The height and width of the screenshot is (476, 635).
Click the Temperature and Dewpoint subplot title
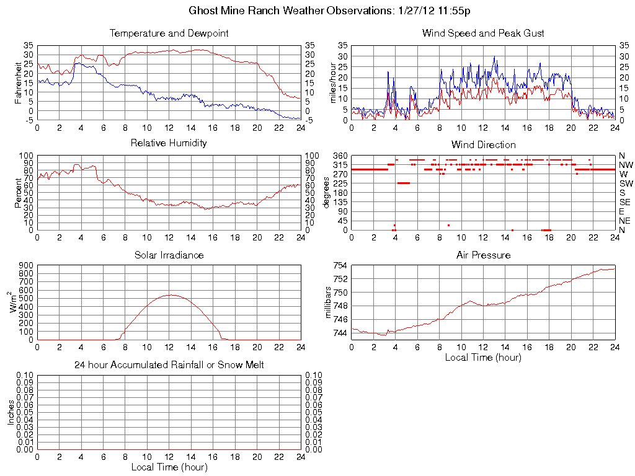[x=169, y=33]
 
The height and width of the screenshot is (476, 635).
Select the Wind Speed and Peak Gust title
[x=483, y=33]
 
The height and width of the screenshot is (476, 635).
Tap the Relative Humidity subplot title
[x=169, y=143]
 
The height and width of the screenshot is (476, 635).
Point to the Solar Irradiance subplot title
[x=169, y=255]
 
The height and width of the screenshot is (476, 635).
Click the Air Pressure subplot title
[x=483, y=255]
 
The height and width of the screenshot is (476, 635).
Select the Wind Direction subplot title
[x=483, y=144]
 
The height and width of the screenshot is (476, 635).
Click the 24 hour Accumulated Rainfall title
[x=169, y=365]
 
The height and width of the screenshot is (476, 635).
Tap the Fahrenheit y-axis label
[x=19, y=82]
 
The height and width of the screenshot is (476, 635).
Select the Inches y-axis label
[x=11, y=412]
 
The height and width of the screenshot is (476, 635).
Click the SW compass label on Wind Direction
[x=626, y=183]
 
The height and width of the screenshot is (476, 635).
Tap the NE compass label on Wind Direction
[x=625, y=221]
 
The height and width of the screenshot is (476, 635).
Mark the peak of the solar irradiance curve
[x=169, y=295]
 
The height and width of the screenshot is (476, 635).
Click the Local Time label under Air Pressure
[x=483, y=357]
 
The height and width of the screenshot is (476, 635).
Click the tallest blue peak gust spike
[x=494, y=57]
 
